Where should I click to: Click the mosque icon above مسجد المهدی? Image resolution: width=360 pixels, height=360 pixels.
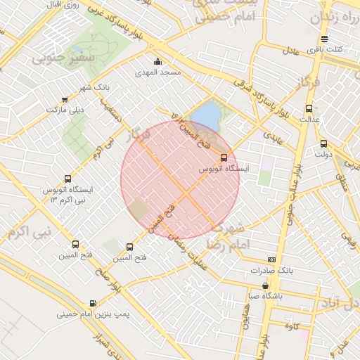coord(157,61)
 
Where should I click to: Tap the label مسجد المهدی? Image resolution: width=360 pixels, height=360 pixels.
coord(160,72)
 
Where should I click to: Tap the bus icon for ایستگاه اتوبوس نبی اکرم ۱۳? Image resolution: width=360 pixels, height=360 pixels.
coord(67,179)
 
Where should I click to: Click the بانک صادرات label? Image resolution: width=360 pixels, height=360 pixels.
coord(267,271)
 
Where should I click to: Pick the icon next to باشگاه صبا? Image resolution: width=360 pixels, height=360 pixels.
coord(265,285)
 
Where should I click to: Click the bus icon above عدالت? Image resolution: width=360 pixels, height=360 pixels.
coord(309,108)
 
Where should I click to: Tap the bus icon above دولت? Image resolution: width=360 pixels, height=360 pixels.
coord(323,143)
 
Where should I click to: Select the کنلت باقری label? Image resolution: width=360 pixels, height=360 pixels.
coord(327,49)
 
